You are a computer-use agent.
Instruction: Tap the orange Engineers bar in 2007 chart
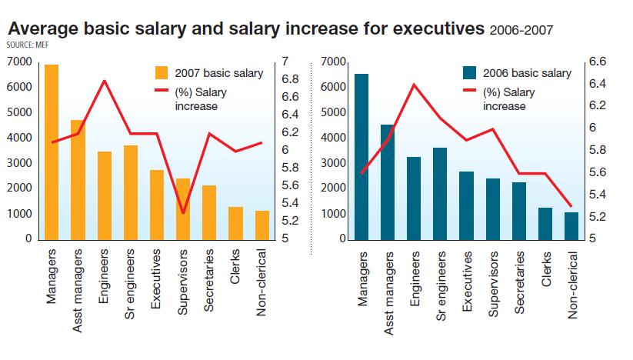[105, 195]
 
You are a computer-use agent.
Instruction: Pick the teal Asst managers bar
[387, 182]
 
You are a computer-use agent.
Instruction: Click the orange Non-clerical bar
[262, 225]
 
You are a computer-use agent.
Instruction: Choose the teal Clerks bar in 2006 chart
[545, 223]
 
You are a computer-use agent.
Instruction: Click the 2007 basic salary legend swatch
[162, 73]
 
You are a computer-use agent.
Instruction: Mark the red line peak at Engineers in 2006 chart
[414, 84]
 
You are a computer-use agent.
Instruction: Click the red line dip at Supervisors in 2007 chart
[183, 213]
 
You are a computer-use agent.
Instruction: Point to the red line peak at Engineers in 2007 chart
[105, 80]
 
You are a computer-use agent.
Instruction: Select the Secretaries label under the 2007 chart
[209, 280]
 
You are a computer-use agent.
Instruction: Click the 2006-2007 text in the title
[521, 30]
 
